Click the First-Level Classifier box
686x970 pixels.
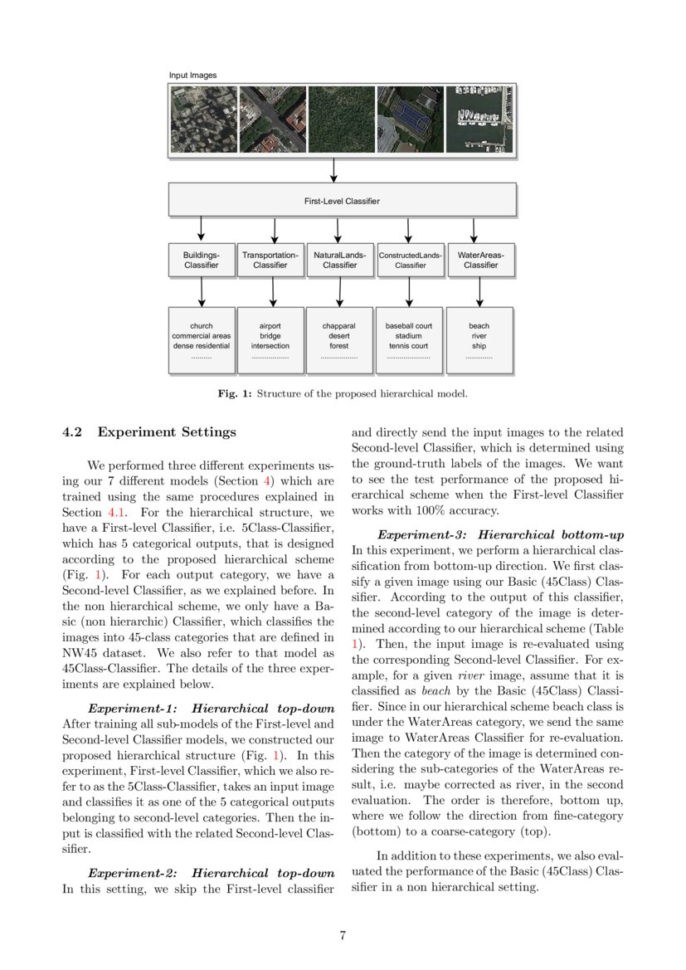coord(342,200)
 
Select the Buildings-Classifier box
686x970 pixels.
coord(202,260)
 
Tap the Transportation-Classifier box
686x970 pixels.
coord(270,260)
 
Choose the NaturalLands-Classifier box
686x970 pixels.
coord(340,260)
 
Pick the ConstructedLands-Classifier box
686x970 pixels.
coord(410,260)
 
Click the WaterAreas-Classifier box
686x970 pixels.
coord(480,260)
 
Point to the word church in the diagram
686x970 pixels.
coord(202,326)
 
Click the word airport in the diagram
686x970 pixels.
coord(270,326)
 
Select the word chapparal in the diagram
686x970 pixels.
coord(339,326)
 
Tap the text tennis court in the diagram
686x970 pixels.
coord(409,345)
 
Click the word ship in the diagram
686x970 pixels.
coord(479,345)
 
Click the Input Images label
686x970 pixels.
coord(193,76)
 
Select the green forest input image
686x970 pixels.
coord(340,119)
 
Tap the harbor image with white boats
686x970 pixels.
coord(479,119)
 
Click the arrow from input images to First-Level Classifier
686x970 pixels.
coord(333,169)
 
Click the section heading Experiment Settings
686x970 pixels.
coord(167,432)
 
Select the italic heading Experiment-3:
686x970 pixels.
coord(424,535)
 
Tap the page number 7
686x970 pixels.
coord(343,935)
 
